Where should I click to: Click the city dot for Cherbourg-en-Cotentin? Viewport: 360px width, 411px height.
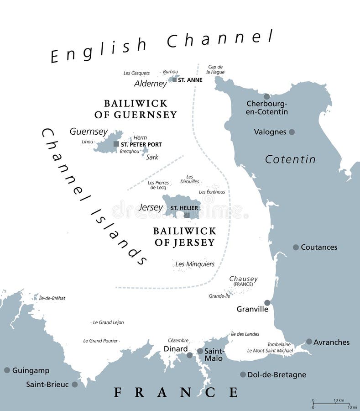pos(266,96)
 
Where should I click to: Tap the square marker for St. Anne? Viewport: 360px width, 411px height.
pos(174,79)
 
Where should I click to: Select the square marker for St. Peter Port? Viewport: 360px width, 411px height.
pos(116,144)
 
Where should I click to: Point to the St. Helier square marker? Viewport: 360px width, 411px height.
pos(187,215)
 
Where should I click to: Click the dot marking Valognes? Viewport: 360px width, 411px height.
pos(292,132)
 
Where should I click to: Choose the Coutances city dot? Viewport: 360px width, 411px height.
pos(296,247)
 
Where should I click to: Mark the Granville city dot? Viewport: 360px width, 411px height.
pos(267,303)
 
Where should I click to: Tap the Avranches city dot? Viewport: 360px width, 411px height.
pos(309,342)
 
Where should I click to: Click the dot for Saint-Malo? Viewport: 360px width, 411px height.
pos(200,351)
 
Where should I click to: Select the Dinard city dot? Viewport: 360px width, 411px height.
pos(190,355)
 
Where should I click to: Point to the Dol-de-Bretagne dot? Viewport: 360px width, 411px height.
pos(243,374)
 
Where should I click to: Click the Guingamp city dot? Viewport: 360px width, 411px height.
pos(7,370)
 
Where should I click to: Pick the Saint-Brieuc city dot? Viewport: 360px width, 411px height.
pos(75,385)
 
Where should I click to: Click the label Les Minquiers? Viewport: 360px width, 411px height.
pos(195,264)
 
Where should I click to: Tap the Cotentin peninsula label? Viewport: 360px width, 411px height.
pos(290,159)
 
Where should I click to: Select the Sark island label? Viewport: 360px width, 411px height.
pos(152,157)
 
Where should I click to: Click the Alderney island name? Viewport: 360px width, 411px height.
pos(151,84)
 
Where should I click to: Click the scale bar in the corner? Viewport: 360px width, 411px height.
pos(331,404)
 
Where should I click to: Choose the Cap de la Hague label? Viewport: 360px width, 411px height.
pos(214,69)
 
